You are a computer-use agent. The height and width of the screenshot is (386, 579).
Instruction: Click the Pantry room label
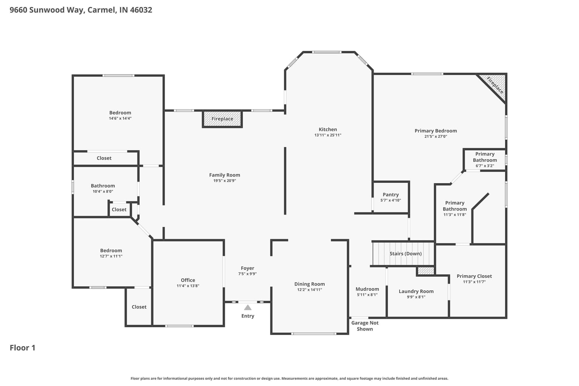pyautogui.click(x=391, y=194)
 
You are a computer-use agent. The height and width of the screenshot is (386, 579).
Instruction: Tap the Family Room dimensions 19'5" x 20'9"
pyautogui.click(x=225, y=181)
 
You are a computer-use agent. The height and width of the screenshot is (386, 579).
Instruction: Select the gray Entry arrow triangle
pyautogui.click(x=248, y=307)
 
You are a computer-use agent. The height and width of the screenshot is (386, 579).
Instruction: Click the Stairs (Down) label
pyautogui.click(x=405, y=254)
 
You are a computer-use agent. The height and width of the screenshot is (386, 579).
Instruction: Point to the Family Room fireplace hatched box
pyautogui.click(x=222, y=119)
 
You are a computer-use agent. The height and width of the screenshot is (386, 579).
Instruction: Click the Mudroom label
pyautogui.click(x=367, y=289)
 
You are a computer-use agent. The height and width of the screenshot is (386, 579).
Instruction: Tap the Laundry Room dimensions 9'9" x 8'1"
pyautogui.click(x=416, y=297)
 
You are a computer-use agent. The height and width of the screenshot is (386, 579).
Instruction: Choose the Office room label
pyautogui.click(x=188, y=280)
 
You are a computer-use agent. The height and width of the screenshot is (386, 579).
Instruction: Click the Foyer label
pyautogui.click(x=247, y=268)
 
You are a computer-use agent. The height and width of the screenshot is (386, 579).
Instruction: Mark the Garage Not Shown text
pyautogui.click(x=365, y=326)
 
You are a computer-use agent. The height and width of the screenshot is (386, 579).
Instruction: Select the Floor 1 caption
pyautogui.click(x=23, y=348)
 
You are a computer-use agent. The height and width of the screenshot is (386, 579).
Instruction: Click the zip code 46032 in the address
pyautogui.click(x=141, y=10)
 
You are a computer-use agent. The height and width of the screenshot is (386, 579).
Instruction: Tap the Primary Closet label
pyautogui.click(x=474, y=276)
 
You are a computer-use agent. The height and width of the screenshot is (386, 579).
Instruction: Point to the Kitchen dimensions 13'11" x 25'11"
pyautogui.click(x=328, y=135)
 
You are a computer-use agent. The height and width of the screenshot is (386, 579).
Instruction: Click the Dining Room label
pyautogui.click(x=309, y=284)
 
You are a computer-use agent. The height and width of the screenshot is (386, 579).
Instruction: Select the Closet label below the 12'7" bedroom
pyautogui.click(x=139, y=307)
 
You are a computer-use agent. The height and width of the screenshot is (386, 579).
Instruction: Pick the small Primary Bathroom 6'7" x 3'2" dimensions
pyautogui.click(x=485, y=166)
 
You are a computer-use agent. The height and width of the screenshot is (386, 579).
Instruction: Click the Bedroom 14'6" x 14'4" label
pyautogui.click(x=120, y=113)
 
